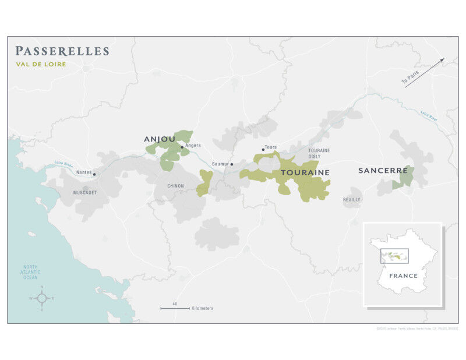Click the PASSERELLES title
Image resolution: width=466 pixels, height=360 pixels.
62,51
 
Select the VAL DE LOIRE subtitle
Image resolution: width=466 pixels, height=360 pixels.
41,64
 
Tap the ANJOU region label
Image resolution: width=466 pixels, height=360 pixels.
159,139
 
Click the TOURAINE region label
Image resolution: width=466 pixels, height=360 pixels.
305,172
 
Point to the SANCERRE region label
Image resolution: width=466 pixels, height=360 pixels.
383,171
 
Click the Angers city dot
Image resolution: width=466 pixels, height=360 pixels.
182,147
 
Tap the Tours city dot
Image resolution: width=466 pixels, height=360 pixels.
263,150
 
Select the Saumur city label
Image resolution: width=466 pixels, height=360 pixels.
220,164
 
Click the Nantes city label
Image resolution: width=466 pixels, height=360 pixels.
83,172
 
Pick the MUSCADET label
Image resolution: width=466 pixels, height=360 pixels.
85,192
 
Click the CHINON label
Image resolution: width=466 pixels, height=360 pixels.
175,186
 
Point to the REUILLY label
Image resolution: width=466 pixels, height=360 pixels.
352,199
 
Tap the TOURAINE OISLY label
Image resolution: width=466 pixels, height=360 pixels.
319,153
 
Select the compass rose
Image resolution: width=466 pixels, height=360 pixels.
42,298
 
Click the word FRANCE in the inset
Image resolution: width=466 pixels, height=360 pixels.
404,276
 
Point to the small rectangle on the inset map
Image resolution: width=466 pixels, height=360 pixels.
395,256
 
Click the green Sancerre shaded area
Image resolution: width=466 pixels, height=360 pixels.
403,178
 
